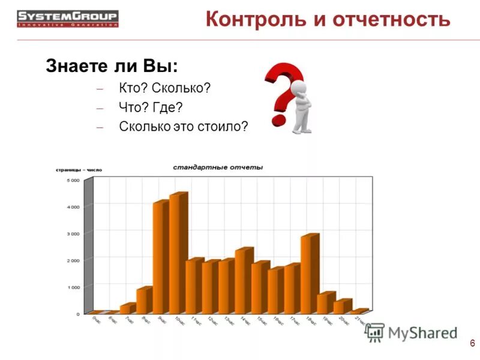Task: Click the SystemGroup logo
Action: click(x=67, y=18)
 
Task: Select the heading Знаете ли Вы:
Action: click(x=112, y=66)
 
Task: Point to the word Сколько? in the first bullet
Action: click(x=181, y=88)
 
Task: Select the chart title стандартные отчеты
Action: click(x=218, y=167)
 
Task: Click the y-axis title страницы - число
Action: click(x=79, y=170)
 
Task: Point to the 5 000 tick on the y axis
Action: click(x=72, y=180)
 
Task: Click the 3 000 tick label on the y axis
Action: click(x=72, y=233)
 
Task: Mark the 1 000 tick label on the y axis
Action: click(x=72, y=287)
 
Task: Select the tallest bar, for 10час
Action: click(x=178, y=252)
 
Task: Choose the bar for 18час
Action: click(x=309, y=273)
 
